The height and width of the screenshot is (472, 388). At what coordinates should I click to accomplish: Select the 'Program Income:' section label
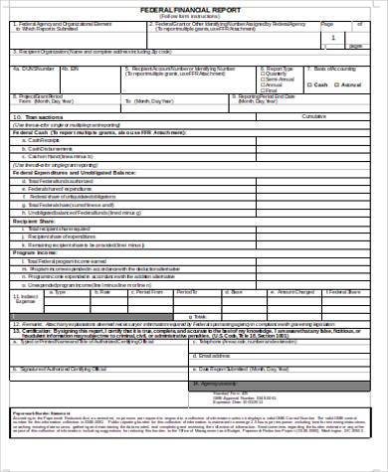click(x=34, y=252)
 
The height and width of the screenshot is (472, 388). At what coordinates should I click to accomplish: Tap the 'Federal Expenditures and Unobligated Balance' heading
click(x=70, y=172)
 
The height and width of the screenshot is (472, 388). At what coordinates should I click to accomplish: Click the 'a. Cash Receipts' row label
click(x=45, y=140)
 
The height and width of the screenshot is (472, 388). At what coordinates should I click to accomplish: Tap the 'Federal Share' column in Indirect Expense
click(x=344, y=292)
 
